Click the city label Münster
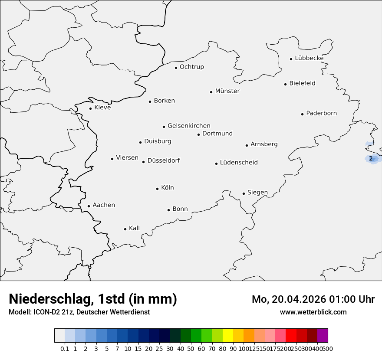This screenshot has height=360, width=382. click(x=227, y=91)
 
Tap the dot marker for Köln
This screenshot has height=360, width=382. click(x=157, y=189)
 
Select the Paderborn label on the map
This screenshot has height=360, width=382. click(x=321, y=113)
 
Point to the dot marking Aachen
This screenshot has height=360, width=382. click(x=89, y=206)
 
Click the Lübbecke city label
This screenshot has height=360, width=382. click(x=309, y=58)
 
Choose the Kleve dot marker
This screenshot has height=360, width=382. click(x=90, y=108)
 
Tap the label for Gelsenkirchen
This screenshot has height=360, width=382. click(x=189, y=126)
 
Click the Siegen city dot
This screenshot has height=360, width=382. click(x=244, y=194)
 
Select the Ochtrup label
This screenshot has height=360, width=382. click(x=191, y=67)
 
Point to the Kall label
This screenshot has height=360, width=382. click(x=134, y=228)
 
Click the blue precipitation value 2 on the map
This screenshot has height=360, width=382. click(x=371, y=159)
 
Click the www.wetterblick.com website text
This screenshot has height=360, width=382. click(x=313, y=312)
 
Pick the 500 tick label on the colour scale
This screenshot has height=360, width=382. click(x=328, y=349)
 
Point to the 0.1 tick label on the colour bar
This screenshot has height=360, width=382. click(x=65, y=349)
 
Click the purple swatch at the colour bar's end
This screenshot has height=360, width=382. click(x=323, y=335)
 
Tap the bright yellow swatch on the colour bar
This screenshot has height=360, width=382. click(x=228, y=335)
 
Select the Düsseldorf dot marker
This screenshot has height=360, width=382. click(x=143, y=162)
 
